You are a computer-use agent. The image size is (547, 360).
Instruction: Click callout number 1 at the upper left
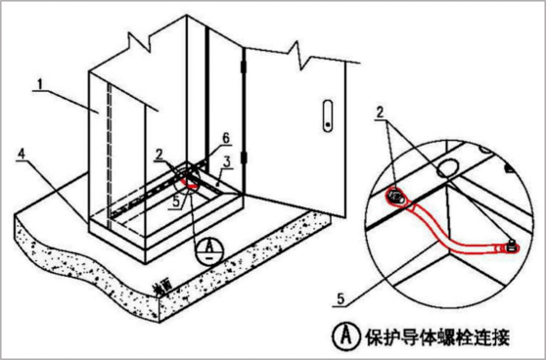click(x=38, y=85)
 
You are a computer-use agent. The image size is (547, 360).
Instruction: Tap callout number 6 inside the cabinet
click(x=225, y=137)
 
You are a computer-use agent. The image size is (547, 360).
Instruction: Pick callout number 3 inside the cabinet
click(x=225, y=160)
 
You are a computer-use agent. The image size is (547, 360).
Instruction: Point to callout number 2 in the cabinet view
click(x=158, y=155)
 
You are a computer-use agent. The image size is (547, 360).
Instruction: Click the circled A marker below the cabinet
click(x=206, y=249)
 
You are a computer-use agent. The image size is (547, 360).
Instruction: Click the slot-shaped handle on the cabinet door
click(x=326, y=113)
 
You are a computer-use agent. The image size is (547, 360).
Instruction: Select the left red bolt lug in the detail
click(x=395, y=198)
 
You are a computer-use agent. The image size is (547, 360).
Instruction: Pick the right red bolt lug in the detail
click(x=506, y=248)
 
